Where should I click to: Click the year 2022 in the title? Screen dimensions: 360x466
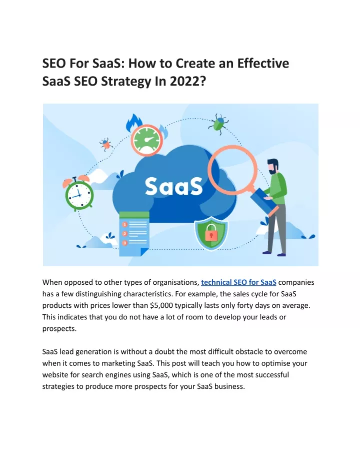187,81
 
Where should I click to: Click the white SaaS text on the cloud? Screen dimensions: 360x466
173,186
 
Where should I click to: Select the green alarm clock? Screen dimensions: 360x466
78,193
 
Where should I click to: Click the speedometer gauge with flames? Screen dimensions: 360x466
146,139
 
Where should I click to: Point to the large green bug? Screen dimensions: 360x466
218,123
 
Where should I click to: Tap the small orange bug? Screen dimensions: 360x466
105,144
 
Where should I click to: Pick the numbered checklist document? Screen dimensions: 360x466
134,234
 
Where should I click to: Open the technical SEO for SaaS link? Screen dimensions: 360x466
238,282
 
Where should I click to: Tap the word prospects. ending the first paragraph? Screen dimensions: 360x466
59,329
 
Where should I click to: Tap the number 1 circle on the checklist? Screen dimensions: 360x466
124,224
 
